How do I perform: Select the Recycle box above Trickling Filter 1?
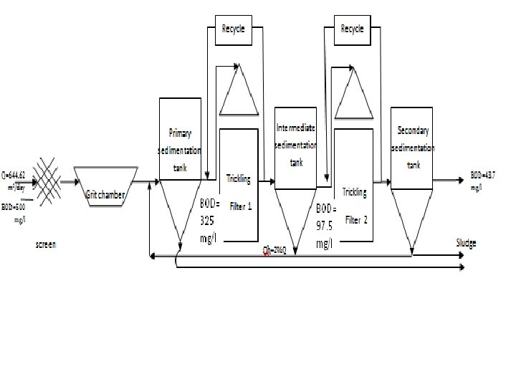234,29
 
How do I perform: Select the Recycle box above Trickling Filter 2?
352,29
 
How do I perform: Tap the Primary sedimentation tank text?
180,150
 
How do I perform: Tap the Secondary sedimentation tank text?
414,147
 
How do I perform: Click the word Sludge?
466,244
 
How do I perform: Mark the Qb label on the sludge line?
275,249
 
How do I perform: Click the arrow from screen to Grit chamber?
67,181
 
